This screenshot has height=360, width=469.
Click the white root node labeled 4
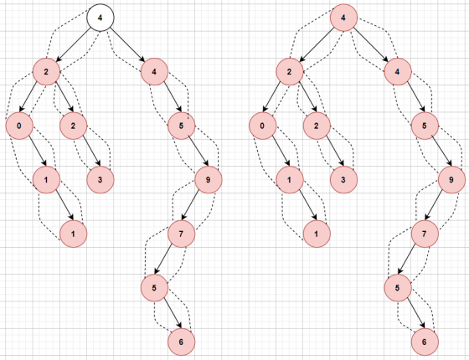coord(100,18)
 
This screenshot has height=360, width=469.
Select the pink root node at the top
coord(343,18)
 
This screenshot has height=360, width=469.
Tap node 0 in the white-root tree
coord(19,126)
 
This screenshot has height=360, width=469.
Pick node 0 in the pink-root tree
coord(262,126)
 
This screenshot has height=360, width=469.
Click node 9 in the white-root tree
coord(209,180)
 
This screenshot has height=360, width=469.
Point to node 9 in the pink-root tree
coord(451,180)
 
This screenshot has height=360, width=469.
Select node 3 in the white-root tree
coord(100,180)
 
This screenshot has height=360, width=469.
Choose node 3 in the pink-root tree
coord(343,180)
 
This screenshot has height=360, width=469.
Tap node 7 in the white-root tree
coord(181,234)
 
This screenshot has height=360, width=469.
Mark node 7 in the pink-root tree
coord(425,234)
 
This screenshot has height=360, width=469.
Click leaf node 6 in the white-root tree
coord(181,342)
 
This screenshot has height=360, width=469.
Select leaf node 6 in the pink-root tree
coord(425,342)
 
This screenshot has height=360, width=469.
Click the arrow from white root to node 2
coord(74,45)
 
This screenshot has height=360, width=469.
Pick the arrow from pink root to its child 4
coord(371,45)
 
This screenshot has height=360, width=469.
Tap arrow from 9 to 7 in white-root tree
coord(192,205)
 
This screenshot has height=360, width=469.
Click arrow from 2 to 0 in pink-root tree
coord(273,97)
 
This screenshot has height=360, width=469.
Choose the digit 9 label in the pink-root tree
coord(451,180)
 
